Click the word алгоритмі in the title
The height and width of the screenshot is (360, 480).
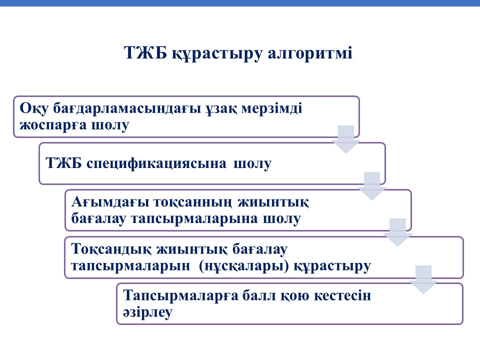coord(310,53)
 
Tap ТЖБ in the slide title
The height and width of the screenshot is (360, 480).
coord(145,52)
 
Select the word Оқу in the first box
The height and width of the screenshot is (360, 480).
coord(34,108)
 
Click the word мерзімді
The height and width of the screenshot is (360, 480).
coord(271,108)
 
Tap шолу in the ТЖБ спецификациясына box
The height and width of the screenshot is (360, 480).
coord(252,164)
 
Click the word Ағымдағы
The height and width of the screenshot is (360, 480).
coord(110,202)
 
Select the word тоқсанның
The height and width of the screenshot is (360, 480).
coord(193,202)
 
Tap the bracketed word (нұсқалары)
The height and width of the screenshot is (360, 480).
coord(243,266)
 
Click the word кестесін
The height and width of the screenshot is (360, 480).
coord(342,295)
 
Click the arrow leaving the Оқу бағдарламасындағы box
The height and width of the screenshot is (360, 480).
coord(346,139)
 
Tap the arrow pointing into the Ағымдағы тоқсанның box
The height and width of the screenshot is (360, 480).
coord(372,186)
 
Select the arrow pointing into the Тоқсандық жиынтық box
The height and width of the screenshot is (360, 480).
coord(397,232)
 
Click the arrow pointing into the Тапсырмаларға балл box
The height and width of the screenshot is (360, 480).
coord(423,280)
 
